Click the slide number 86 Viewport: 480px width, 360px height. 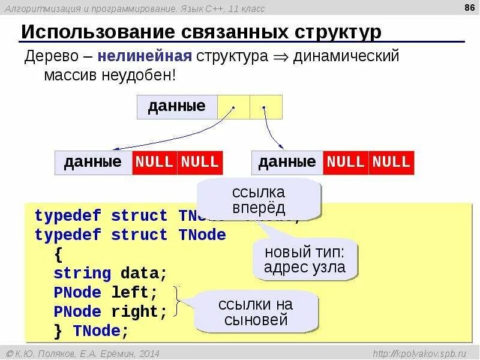pos(467,8)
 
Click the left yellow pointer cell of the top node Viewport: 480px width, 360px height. pos(233,107)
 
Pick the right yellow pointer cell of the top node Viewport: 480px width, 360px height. pos(266,107)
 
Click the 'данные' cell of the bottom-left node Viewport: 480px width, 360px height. pos(93,162)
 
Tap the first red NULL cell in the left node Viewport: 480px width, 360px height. pos(154,162)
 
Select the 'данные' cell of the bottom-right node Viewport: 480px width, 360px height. pos(287,162)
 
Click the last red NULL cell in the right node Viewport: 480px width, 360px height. pos(391,162)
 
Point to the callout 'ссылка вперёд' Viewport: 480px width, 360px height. pos(259,200)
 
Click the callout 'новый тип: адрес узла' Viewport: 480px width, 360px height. pos(305,259)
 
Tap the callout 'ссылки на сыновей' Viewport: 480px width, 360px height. pos(256,312)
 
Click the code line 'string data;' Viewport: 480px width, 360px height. pos(110,274)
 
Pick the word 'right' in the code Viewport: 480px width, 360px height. pos(139,312)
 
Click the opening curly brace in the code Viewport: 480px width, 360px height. pos(58,254)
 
